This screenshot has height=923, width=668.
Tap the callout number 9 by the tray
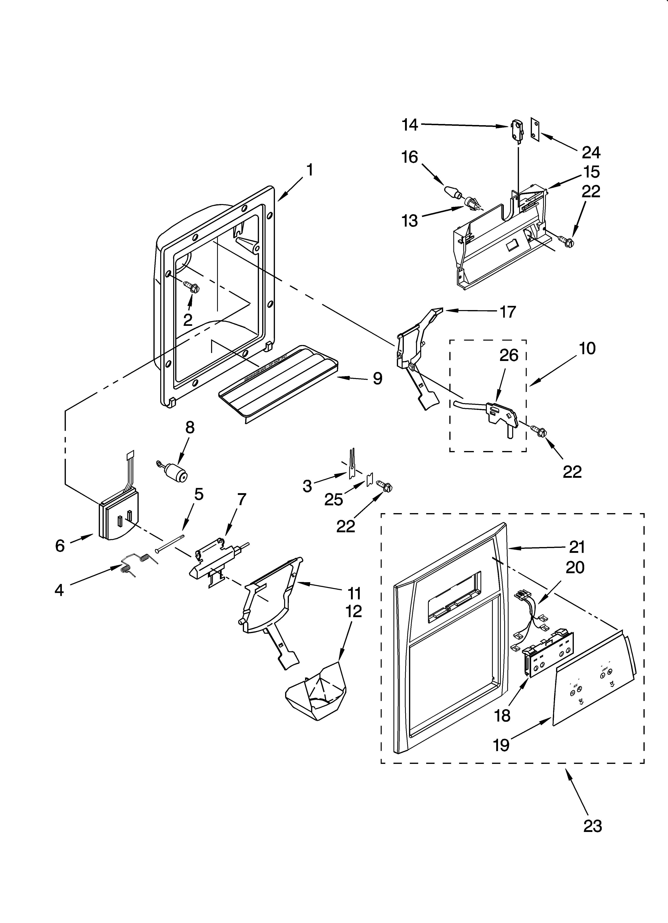[377, 379]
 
